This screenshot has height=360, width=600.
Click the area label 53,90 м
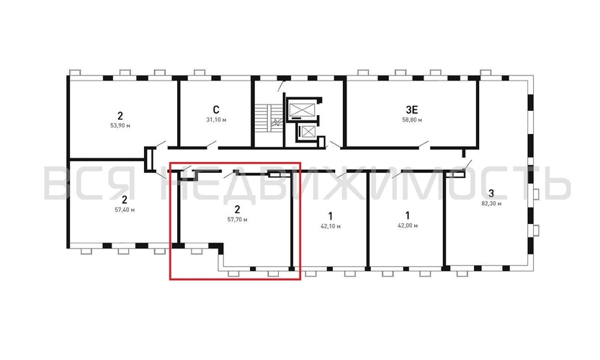tap(120, 125)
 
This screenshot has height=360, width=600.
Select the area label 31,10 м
tap(215, 120)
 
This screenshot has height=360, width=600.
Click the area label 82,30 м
tap(491, 203)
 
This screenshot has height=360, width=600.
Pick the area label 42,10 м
tap(330, 226)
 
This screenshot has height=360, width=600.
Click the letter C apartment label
tap(215, 109)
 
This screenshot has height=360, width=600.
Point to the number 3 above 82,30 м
tap(491, 193)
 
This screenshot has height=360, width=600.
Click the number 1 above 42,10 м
tap(330, 215)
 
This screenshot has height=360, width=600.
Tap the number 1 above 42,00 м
tap(407, 215)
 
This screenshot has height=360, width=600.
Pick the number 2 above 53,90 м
tap(120, 114)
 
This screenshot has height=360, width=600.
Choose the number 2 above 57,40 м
tap(124, 199)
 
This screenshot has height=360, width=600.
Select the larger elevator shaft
tap(301, 109)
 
